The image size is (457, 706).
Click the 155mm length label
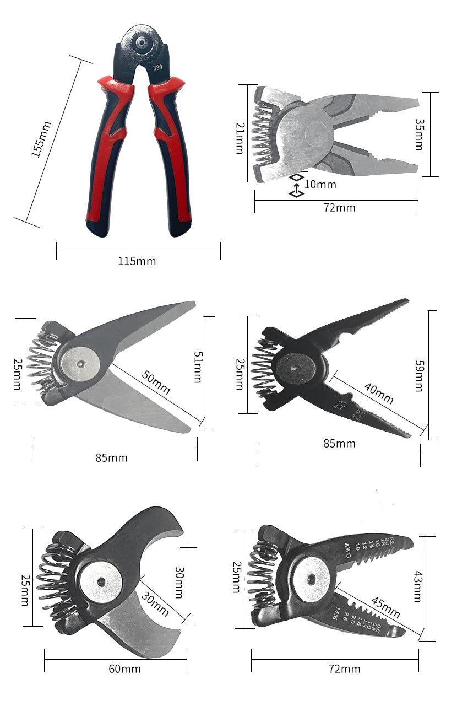click(x=41, y=139)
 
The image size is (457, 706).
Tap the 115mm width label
click(x=137, y=261)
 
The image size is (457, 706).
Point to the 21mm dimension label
click(x=240, y=138)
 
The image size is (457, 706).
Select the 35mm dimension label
click(x=419, y=134)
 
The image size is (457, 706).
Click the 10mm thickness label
click(x=320, y=184)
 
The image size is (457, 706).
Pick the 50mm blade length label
click(x=155, y=382)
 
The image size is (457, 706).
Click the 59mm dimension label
click(x=418, y=376)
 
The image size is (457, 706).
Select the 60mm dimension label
click(x=124, y=669)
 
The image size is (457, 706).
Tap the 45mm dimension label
click(x=385, y=607)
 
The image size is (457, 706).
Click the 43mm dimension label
click(x=418, y=588)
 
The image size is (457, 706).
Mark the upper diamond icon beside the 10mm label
click(x=296, y=177)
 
